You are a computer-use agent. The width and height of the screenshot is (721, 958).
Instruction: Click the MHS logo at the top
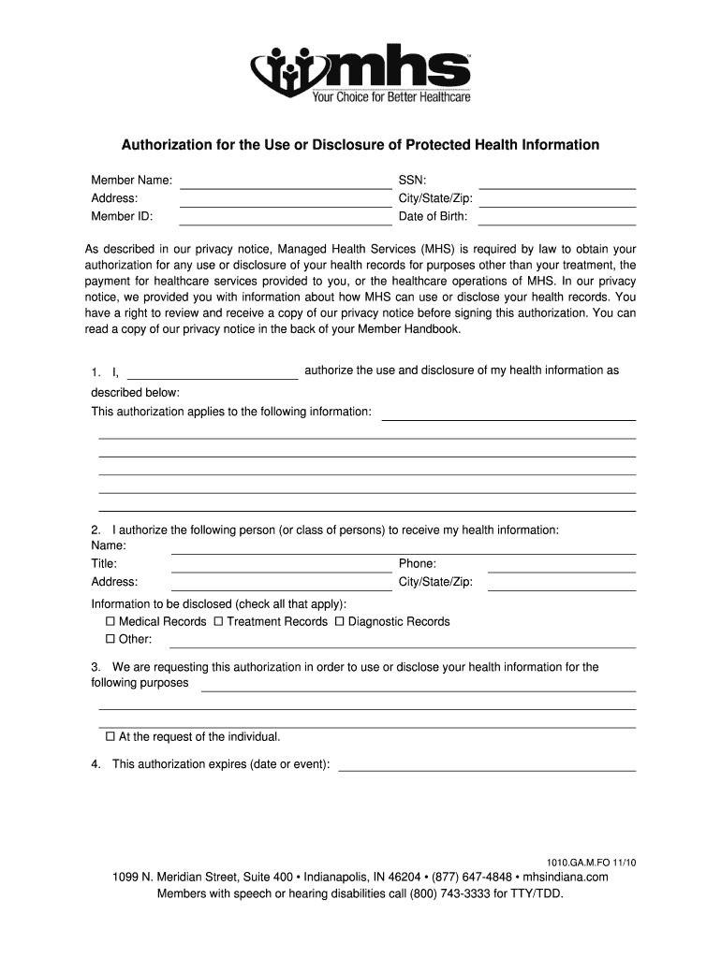(360, 72)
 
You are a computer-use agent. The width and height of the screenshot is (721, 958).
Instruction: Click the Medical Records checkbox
(110, 621)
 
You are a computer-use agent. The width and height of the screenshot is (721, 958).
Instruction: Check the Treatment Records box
(218, 621)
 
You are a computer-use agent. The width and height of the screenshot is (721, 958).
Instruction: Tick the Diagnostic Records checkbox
(340, 621)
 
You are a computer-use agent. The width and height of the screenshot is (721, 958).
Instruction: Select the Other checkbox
(110, 639)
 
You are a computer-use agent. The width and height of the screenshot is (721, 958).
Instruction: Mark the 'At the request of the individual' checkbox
(110, 736)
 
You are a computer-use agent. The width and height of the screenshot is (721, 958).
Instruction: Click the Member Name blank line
(285, 187)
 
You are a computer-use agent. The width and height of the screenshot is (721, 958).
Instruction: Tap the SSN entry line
(557, 187)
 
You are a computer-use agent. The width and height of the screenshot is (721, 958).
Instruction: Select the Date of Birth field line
(557, 224)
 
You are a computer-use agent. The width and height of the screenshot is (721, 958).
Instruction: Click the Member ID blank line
(285, 224)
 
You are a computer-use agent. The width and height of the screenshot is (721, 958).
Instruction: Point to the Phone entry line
(562, 571)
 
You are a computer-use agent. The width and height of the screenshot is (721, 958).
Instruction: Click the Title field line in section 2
(281, 571)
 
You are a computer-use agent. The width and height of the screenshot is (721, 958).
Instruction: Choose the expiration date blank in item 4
(487, 770)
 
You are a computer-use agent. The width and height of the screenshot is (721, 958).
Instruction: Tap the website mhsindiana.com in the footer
(566, 877)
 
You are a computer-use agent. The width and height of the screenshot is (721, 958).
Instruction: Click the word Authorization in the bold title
(166, 145)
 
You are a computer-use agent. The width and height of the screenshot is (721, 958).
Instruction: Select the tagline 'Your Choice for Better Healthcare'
(391, 96)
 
